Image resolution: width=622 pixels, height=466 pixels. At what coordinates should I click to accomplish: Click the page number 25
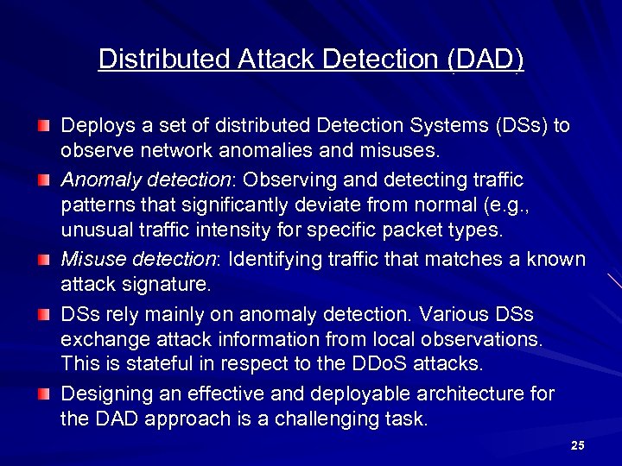click(x=578, y=445)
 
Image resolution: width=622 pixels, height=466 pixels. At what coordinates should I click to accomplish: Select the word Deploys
click(x=93, y=126)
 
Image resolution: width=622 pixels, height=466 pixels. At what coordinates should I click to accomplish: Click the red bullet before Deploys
click(x=44, y=127)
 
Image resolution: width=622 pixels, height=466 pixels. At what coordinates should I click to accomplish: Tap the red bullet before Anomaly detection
click(x=44, y=180)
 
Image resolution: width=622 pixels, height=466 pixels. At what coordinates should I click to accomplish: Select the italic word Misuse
click(x=90, y=260)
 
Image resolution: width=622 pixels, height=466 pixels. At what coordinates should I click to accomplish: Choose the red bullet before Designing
click(x=44, y=394)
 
